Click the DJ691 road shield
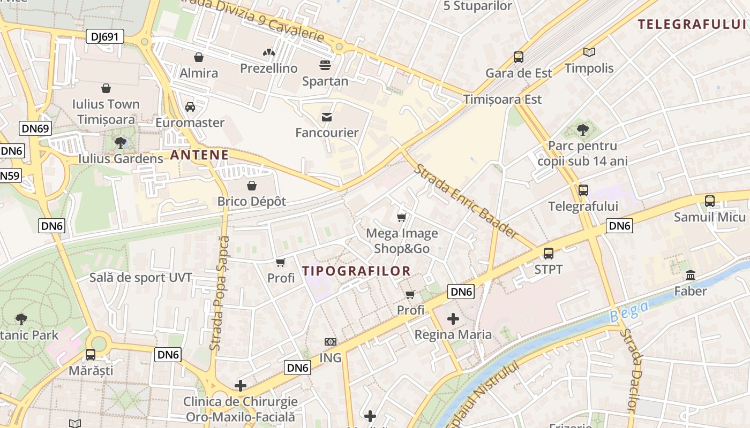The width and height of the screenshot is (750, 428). click(105, 36)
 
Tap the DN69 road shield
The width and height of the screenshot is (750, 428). click(35, 128)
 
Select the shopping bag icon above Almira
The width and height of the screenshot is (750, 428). click(199, 57)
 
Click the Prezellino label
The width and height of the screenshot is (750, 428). click(268, 68)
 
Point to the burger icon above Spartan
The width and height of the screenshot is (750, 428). click(325, 65)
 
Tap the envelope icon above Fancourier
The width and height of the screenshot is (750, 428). click(327, 117)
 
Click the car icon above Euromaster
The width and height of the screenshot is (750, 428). click(190, 107)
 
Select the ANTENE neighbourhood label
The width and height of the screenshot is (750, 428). click(199, 156)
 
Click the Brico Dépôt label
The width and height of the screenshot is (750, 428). click(252, 202)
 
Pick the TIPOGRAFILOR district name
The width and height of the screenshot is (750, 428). click(356, 271)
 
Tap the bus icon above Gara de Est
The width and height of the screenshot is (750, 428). click(519, 57)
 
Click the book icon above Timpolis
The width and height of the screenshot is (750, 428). click(589, 52)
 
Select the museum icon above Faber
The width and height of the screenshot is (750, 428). click(691, 276)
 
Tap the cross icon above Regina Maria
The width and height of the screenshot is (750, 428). click(453, 319)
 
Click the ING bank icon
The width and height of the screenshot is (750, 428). click(331, 342)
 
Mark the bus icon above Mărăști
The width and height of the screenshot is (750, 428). click(91, 354)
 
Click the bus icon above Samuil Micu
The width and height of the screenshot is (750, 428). click(710, 201)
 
